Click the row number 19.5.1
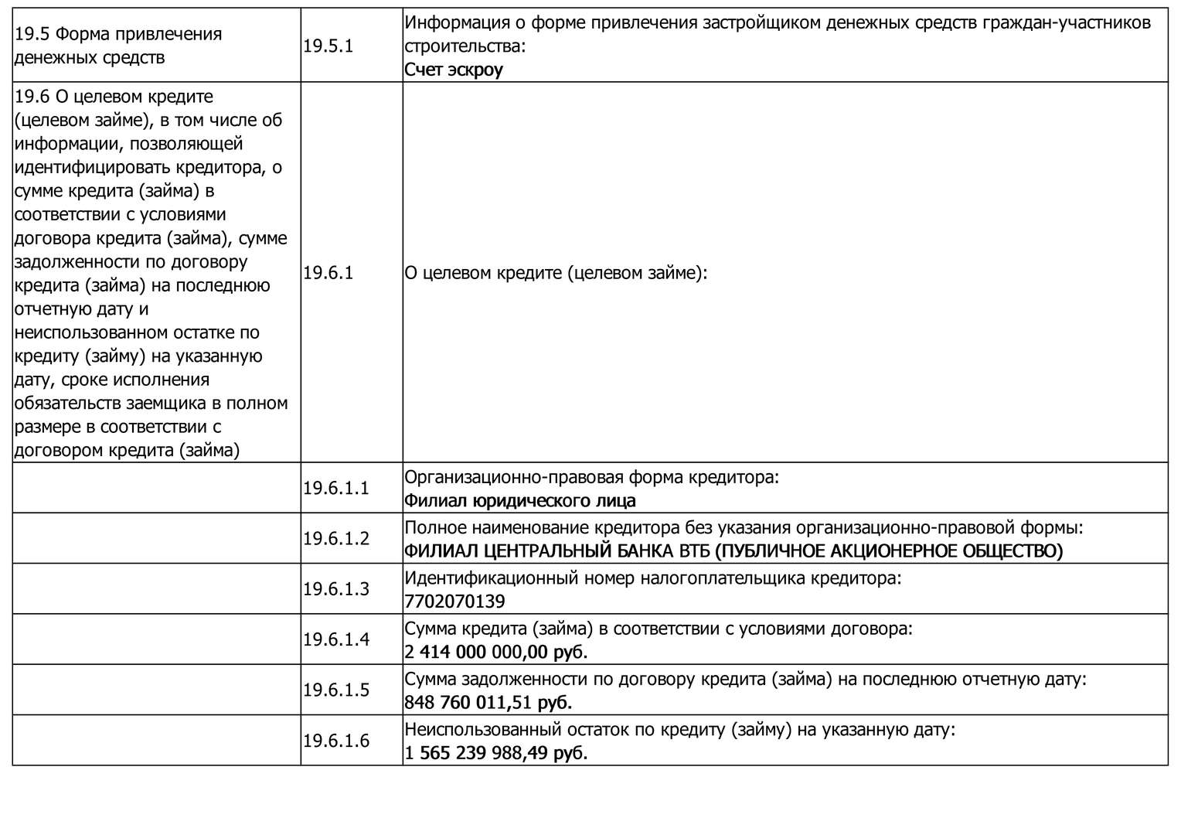point(328,46)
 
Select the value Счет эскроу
point(454,70)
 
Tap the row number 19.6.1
point(328,273)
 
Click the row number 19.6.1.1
point(336,489)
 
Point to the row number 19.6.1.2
point(336,539)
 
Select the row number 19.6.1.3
point(336,589)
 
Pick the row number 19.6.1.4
point(336,639)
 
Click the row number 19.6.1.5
point(336,690)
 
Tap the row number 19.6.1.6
point(336,741)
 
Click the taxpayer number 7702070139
point(454,602)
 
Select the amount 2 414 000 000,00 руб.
point(495,652)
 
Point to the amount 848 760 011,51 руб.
point(488,703)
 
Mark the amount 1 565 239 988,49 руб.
point(495,753)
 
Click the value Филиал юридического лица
point(519,501)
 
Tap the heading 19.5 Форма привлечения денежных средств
point(118,46)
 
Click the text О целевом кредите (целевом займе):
point(556,273)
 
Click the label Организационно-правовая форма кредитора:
point(591,477)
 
